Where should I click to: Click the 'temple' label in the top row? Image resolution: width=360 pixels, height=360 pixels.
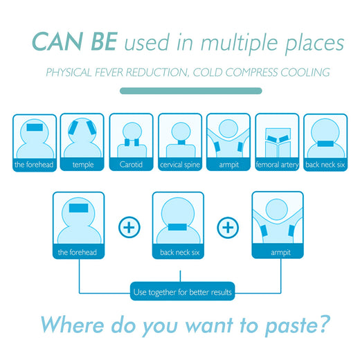[83, 165]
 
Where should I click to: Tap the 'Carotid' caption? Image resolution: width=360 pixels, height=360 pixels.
[131, 164]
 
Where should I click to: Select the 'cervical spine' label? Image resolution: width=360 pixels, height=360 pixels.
[180, 165]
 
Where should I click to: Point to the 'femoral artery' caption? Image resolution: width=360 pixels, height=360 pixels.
[277, 165]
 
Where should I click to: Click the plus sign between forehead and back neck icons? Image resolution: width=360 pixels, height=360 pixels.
[129, 227]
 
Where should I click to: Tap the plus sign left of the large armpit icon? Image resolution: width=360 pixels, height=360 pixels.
[228, 227]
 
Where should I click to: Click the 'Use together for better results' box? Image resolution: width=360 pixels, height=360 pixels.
[182, 291]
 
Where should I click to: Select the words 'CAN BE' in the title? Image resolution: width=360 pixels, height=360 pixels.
[75, 42]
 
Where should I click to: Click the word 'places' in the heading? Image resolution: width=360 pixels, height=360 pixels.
[314, 44]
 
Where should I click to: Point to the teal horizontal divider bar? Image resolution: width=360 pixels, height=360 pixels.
[191, 91]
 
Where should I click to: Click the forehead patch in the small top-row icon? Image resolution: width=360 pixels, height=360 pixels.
[35, 127]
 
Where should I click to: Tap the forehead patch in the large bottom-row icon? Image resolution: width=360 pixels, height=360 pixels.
[78, 208]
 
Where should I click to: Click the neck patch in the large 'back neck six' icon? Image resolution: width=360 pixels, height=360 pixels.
[177, 227]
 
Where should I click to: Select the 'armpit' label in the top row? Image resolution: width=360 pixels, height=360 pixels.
[228, 165]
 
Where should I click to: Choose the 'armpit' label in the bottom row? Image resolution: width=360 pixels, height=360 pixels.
[280, 253]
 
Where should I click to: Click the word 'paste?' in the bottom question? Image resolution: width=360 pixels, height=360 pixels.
[298, 325]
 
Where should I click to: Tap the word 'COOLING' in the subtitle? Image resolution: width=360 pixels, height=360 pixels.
[305, 73]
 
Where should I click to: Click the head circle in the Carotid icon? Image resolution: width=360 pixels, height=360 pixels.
[132, 131]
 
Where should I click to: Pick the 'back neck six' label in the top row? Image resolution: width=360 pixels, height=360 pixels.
[325, 165]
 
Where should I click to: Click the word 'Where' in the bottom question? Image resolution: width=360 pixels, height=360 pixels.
[72, 324]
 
